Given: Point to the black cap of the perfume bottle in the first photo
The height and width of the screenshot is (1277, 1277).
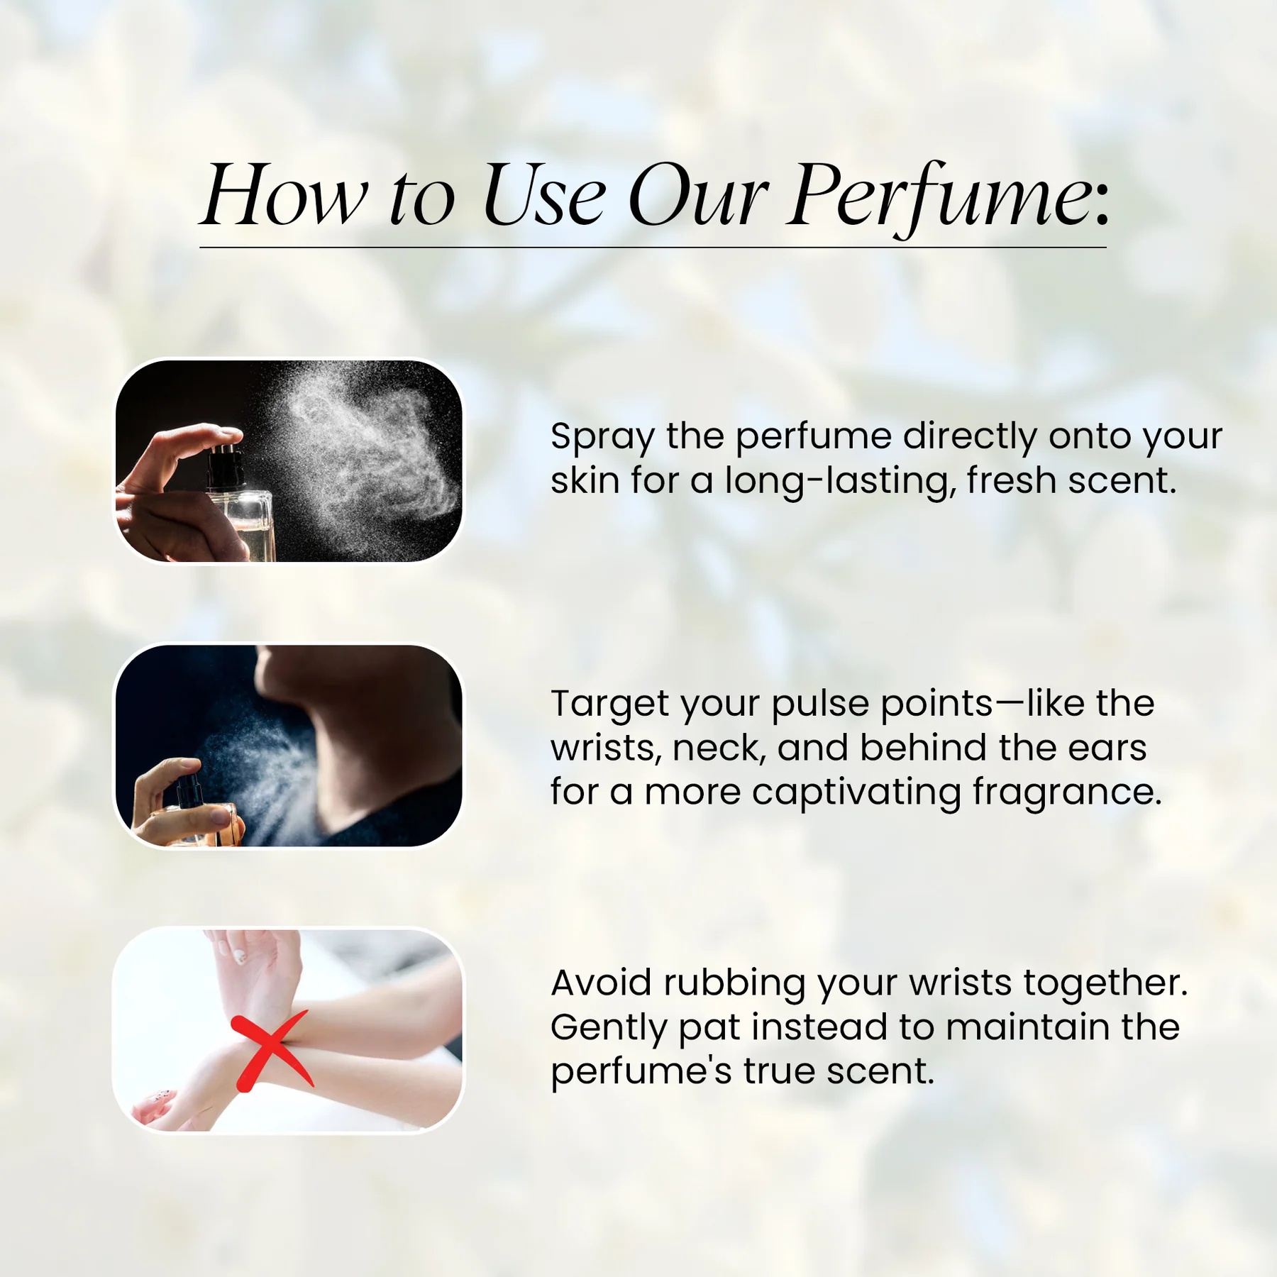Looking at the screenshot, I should click(226, 463).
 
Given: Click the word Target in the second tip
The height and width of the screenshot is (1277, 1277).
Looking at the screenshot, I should click(609, 704).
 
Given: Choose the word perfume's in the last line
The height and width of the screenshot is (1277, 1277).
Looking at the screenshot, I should click(641, 1072).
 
